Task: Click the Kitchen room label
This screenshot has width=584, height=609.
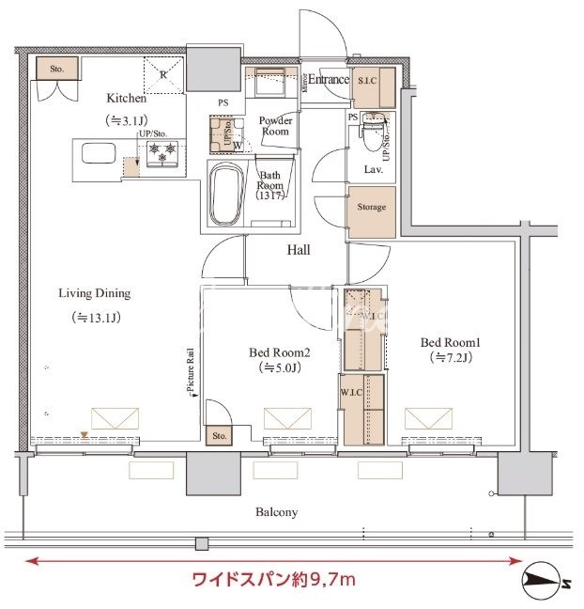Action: (126, 98)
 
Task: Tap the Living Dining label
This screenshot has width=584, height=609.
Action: (95, 293)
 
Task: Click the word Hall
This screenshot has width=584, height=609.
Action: (299, 250)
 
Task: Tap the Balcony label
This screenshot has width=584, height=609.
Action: (276, 512)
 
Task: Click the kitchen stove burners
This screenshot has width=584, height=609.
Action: (161, 152)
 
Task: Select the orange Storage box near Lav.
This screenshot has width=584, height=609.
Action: (370, 207)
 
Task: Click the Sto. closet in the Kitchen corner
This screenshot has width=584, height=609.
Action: (55, 69)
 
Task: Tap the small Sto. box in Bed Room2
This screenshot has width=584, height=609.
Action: (219, 436)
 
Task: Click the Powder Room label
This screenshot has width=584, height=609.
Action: (275, 126)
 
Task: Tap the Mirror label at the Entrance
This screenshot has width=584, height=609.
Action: (305, 81)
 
